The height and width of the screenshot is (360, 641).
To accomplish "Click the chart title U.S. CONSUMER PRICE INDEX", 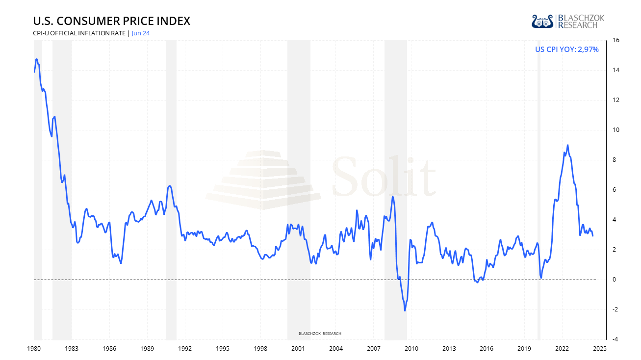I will (x=111, y=21).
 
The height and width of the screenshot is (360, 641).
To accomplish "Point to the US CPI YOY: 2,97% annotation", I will (x=567, y=49).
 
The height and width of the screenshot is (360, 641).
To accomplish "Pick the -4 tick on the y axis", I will (x=613, y=339).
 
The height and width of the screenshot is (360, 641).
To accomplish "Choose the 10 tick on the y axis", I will (x=613, y=130).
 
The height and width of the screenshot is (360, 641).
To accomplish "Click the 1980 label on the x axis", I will (x=34, y=349).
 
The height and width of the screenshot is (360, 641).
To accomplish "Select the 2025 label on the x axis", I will (x=600, y=349).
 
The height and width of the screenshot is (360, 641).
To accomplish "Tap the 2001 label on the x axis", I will (x=298, y=349).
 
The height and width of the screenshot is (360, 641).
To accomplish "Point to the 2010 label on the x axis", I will (x=411, y=349).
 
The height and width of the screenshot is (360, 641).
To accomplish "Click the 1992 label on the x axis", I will (x=185, y=349).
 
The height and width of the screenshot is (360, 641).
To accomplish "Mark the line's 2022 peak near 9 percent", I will (x=567, y=145).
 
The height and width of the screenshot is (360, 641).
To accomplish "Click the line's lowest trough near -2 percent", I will (x=405, y=310).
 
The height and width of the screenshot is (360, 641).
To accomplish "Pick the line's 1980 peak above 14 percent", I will (x=37, y=59).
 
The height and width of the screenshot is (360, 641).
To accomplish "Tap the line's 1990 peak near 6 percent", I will (x=170, y=186).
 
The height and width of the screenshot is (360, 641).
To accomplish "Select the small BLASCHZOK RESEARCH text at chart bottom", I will (x=320, y=334).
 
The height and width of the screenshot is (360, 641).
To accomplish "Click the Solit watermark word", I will (x=384, y=176).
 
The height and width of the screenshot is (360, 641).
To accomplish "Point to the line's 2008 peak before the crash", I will (x=393, y=197).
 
